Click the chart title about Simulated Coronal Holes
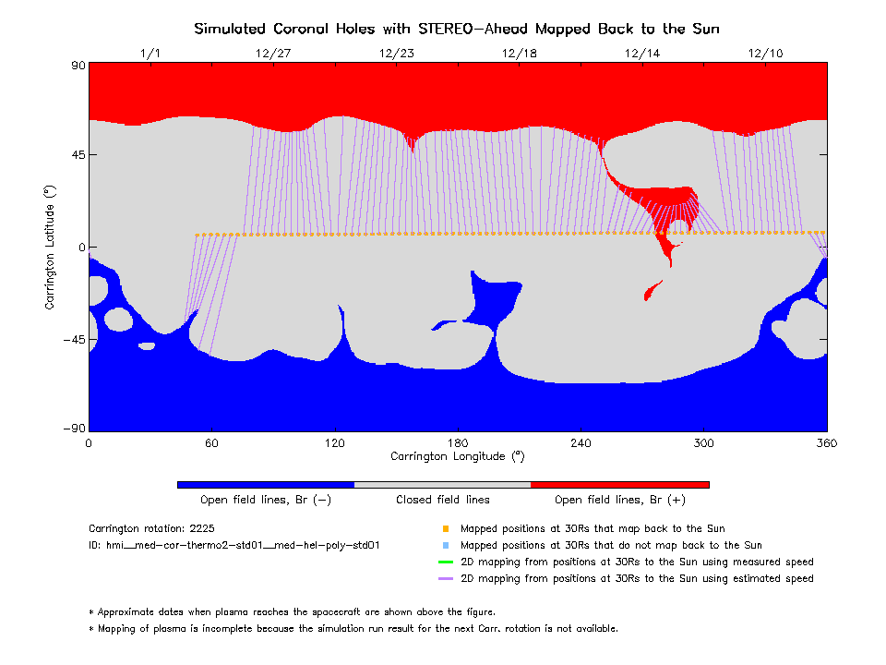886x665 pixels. pos(457,29)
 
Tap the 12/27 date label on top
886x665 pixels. pos(272,54)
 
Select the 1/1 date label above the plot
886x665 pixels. pos(150,54)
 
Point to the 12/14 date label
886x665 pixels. pos(642,54)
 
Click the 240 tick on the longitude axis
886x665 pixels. pos(581,443)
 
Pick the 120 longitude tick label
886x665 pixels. pos(334,443)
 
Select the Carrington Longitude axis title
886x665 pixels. pos(458,456)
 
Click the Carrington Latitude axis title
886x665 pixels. pos(50,247)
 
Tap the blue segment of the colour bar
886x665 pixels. pos(266,484)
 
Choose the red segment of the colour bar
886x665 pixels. pos(620,484)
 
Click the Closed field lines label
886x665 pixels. pos(443,500)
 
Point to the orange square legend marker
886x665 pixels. pos(446,529)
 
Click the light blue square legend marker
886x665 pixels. pos(446,546)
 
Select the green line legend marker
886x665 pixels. pos(446,562)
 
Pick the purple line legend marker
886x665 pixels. pos(446,578)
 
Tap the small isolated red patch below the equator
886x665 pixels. pos(653,291)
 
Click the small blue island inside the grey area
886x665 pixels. pos(147,345)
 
